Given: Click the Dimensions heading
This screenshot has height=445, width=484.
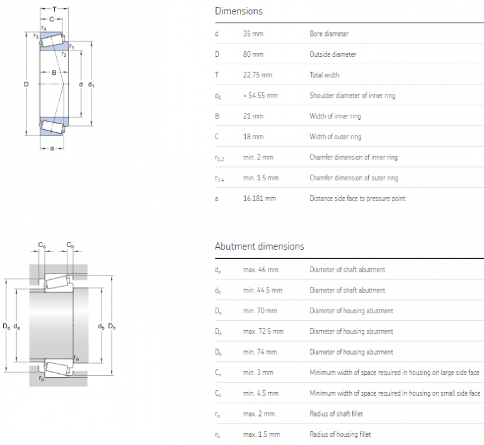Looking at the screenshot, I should (238, 11).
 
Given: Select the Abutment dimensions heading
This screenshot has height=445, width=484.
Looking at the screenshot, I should (259, 246).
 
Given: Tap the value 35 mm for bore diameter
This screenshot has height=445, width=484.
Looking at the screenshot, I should (253, 34).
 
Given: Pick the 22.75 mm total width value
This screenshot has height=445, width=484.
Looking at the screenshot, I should (257, 75).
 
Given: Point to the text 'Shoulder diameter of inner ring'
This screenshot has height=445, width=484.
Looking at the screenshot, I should (352, 96).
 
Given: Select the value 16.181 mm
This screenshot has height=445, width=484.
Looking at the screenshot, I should (259, 199).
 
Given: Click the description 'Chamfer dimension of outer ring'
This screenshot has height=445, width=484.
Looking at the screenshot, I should (354, 178).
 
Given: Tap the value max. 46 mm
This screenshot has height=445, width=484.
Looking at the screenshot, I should (260, 270).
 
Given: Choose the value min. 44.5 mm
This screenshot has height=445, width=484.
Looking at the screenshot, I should (262, 291).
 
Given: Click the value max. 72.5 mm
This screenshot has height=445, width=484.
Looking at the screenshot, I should (263, 332).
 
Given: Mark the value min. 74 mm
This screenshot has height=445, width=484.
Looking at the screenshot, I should (260, 352).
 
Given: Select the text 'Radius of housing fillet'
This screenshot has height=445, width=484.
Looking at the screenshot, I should (340, 434).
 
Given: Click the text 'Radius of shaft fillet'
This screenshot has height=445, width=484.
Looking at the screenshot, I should (336, 413).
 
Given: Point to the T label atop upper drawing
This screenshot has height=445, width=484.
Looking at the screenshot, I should (55, 9).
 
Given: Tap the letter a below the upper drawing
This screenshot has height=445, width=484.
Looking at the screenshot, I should (52, 149).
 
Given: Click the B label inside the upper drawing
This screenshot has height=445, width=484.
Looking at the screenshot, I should (54, 73).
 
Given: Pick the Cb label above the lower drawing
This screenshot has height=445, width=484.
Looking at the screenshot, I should (71, 245).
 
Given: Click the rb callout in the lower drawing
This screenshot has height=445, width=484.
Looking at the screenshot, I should (41, 378).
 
